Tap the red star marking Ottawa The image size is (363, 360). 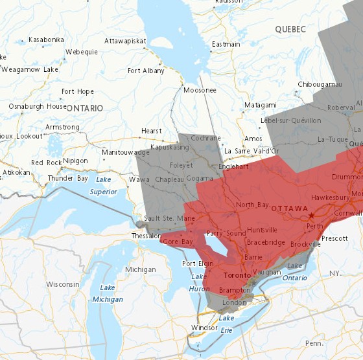311,215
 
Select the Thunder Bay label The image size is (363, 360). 69,178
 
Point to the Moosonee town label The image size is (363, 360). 200,90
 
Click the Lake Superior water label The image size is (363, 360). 103,185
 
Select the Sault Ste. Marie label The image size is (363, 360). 169,219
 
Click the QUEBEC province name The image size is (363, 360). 290,30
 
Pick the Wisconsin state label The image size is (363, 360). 62,284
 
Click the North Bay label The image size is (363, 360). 252,205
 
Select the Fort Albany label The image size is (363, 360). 146,71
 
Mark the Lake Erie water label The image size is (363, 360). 226,325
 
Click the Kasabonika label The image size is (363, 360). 46,40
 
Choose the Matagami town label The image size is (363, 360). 261,105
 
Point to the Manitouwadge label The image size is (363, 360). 126,152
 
